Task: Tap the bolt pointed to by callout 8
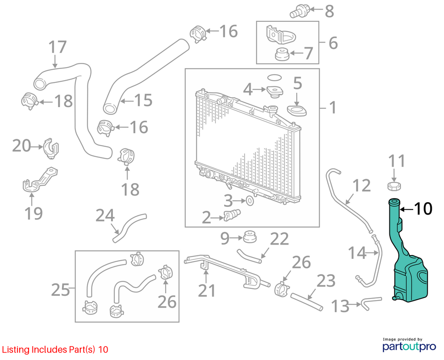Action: point(299,11)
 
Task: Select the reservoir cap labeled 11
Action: point(394,186)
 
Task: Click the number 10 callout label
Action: point(423,209)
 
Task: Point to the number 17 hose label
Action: point(58,47)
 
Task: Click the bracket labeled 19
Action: point(39,180)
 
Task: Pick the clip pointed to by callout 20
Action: point(51,147)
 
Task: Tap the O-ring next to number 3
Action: point(250,201)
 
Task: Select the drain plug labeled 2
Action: point(232,215)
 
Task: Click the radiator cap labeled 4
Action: point(274,91)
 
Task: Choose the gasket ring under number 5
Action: point(297,111)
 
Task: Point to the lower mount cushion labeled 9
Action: point(250,236)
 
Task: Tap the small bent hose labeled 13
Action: point(371,301)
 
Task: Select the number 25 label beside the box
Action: point(60,289)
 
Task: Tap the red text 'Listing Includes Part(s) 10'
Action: point(55,350)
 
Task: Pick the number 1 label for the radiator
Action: point(333,108)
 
